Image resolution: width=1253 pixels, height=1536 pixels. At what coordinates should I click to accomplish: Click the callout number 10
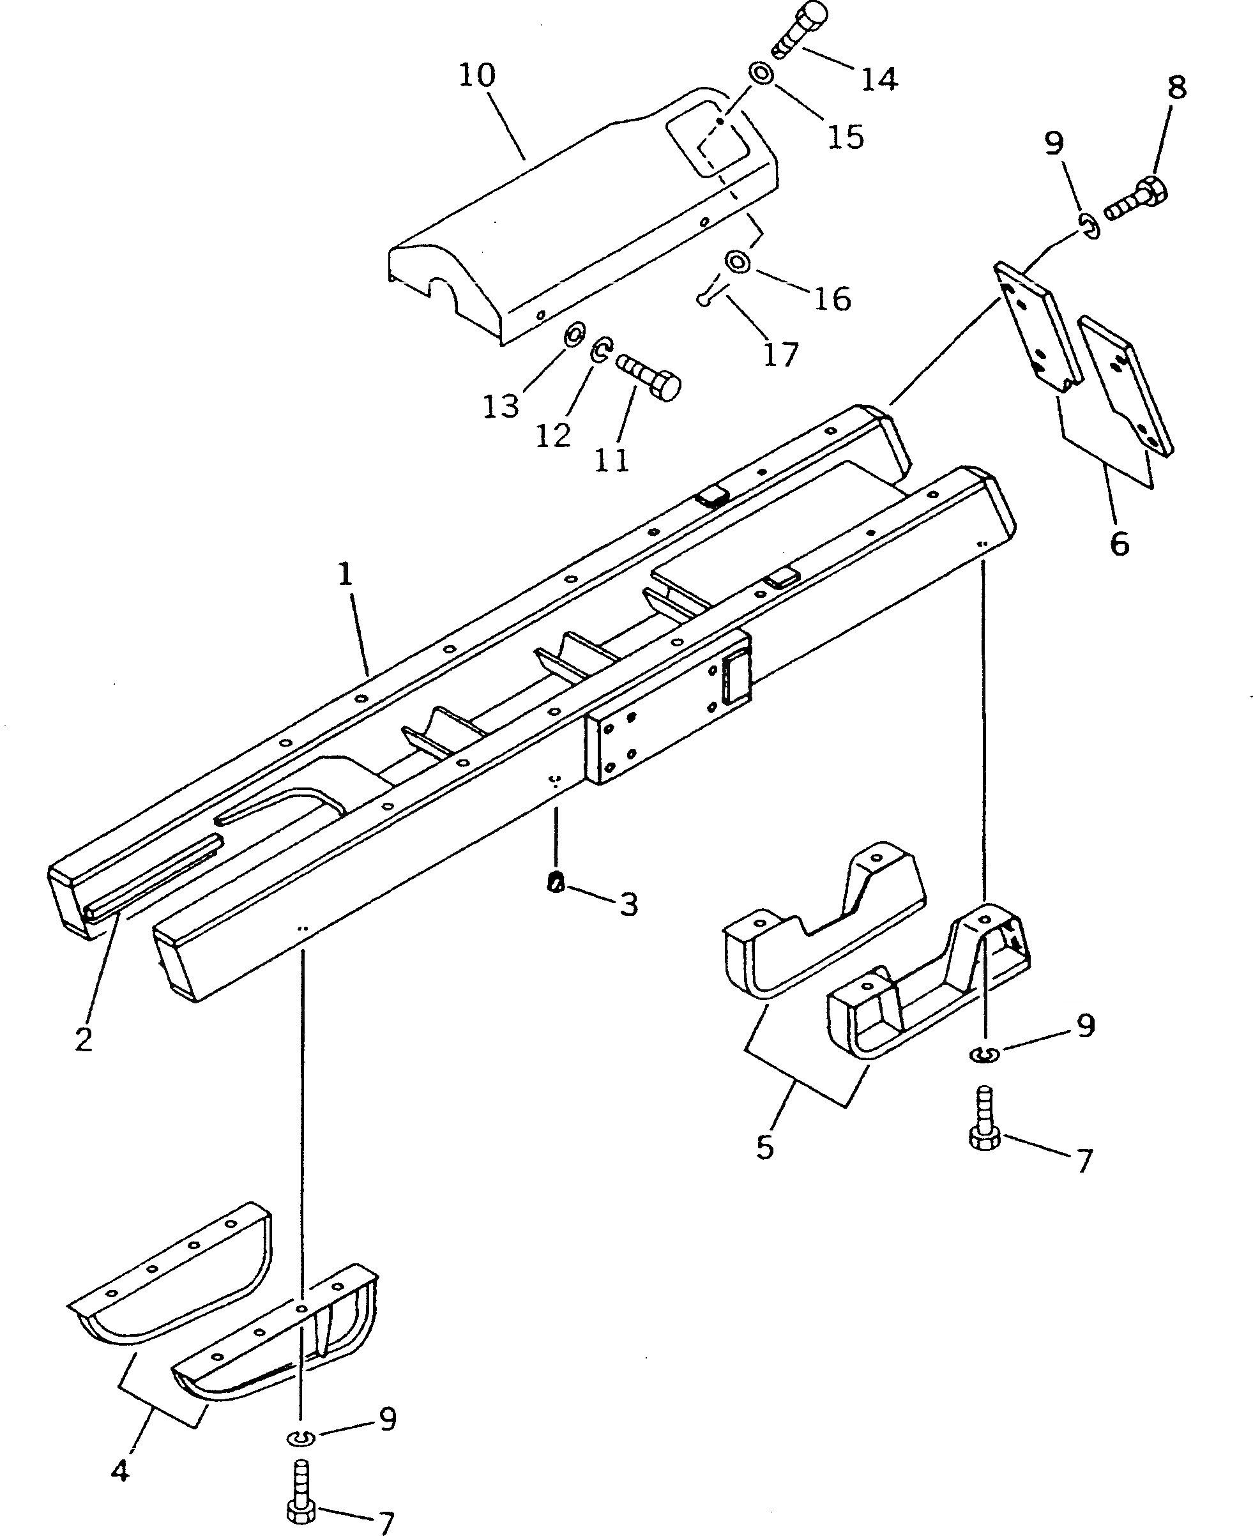click(477, 75)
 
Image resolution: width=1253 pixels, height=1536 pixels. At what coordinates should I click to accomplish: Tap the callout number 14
click(878, 79)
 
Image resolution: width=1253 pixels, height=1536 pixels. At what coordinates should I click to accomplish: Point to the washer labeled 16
click(737, 261)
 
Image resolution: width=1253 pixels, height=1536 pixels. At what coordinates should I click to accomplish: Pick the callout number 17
click(780, 354)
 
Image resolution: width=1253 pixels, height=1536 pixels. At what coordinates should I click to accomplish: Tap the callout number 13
click(501, 407)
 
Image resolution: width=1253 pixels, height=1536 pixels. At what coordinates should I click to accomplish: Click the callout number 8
click(1176, 88)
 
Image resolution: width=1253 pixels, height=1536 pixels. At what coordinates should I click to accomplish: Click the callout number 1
click(346, 575)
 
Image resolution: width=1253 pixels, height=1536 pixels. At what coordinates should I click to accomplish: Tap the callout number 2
click(84, 1039)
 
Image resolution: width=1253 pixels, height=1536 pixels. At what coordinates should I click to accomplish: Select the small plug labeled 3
click(556, 881)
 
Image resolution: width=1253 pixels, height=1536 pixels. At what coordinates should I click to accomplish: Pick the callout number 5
click(765, 1147)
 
